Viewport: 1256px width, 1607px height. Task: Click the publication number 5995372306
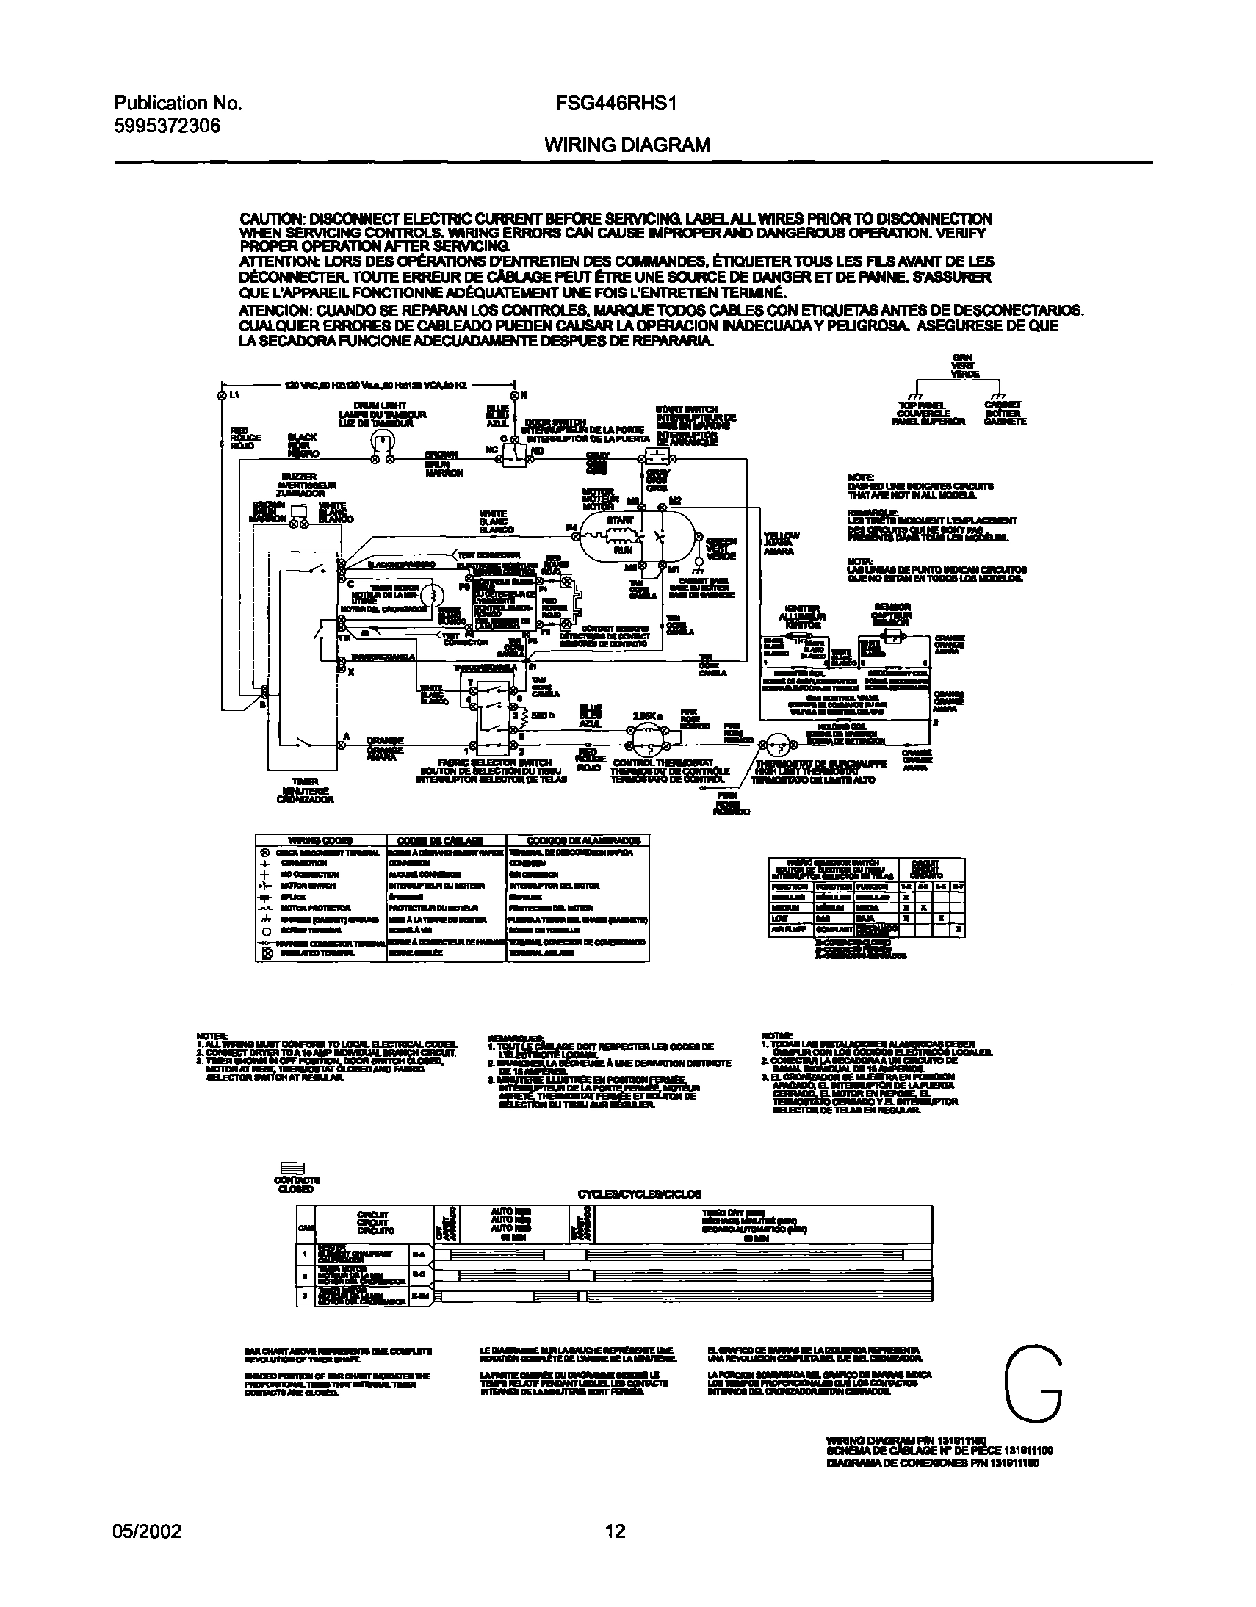pyautogui.click(x=167, y=126)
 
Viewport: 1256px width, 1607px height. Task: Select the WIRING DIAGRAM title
pyautogui.click(x=627, y=145)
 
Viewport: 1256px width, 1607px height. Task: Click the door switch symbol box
pyautogui.click(x=513, y=457)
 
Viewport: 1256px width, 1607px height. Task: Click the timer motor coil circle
pyautogui.click(x=433, y=594)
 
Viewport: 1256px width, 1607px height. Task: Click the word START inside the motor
pyautogui.click(x=619, y=520)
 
